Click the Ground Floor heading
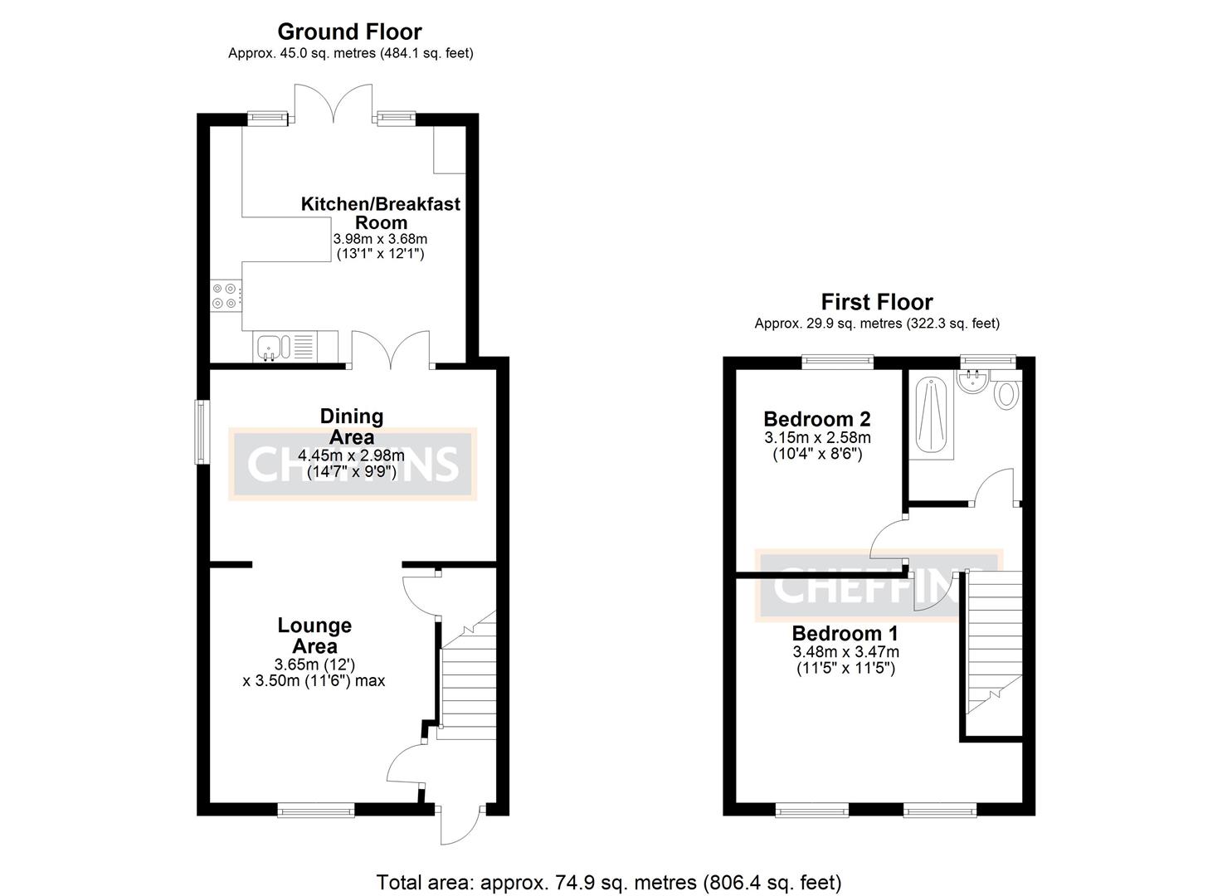[x=349, y=32]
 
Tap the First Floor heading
[x=876, y=302]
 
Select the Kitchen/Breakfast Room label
[x=380, y=213]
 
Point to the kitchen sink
[x=270, y=347]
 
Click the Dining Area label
[x=352, y=426]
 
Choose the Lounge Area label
[x=314, y=635]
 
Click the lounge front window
[x=315, y=809]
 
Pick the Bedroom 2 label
[x=816, y=419]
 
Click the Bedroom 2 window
[x=838, y=361]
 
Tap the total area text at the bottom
[x=609, y=882]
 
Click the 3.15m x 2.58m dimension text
[x=817, y=437]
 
